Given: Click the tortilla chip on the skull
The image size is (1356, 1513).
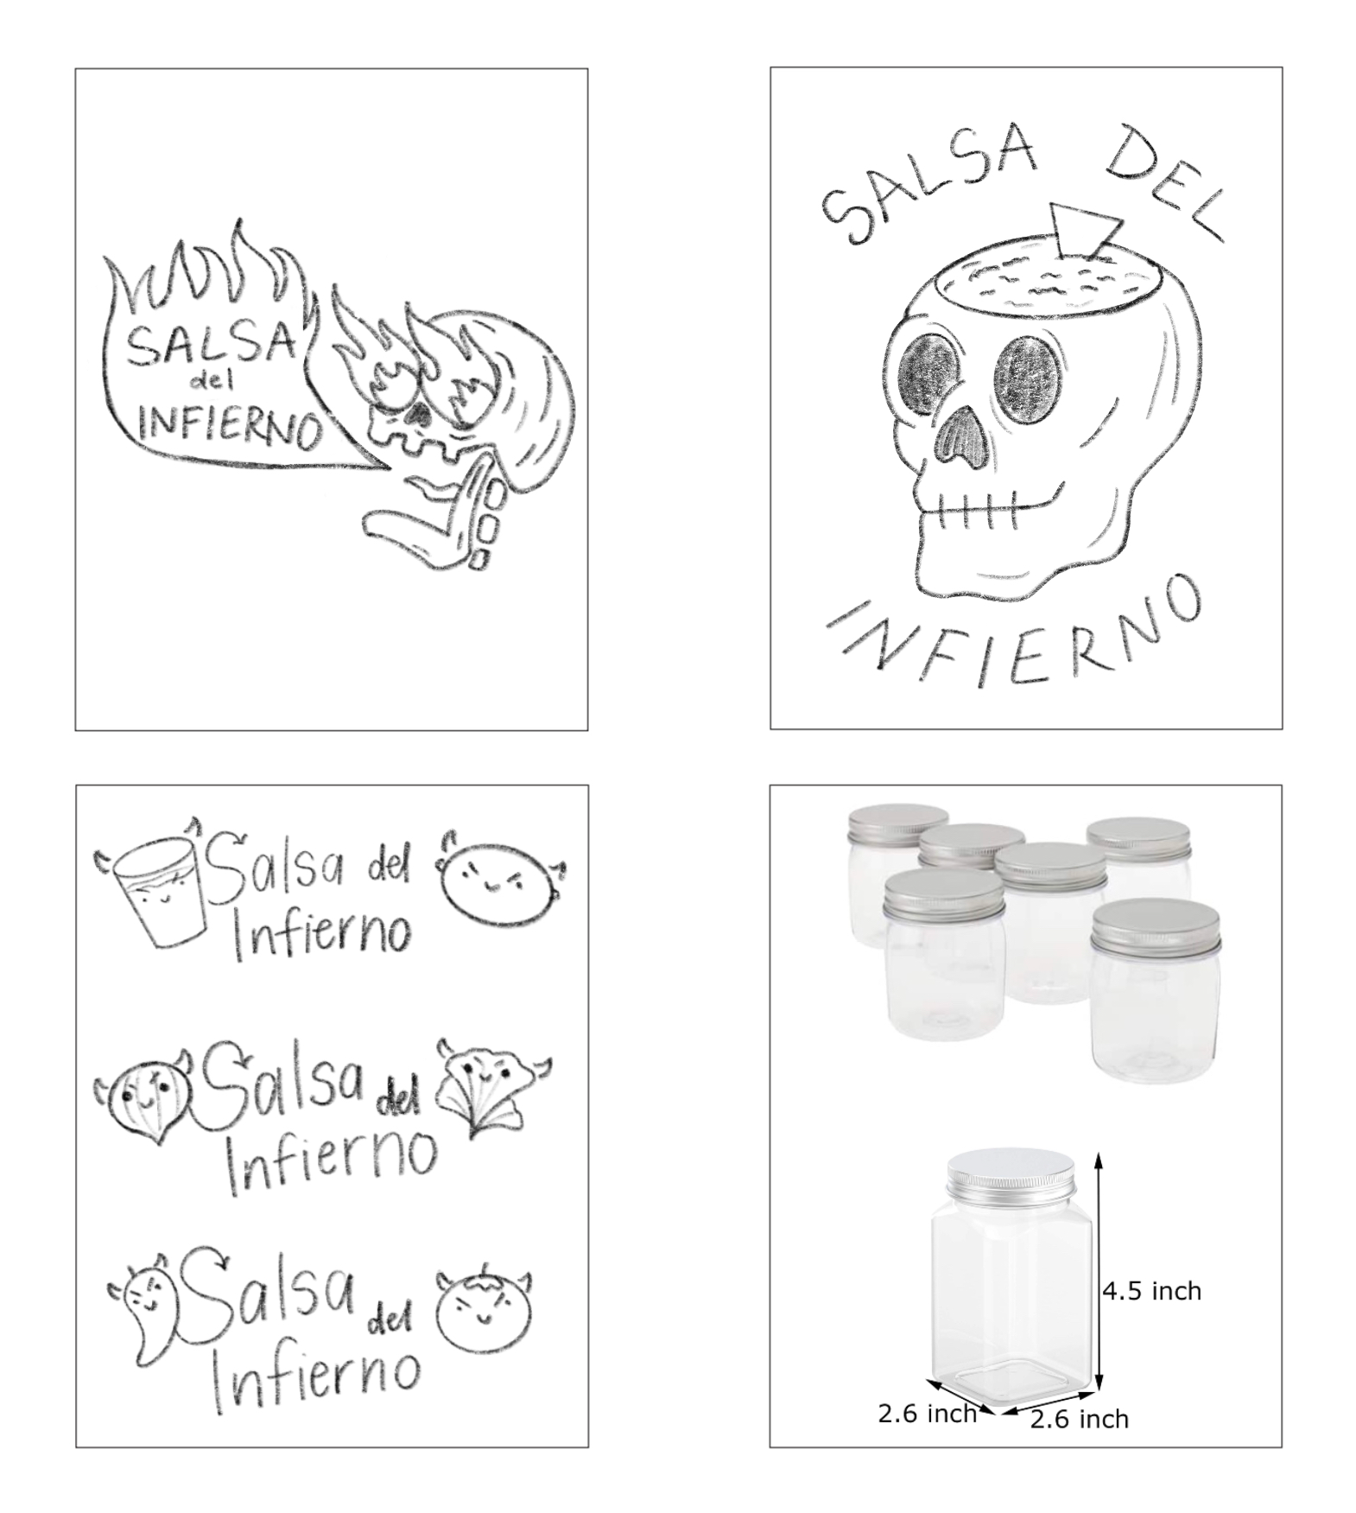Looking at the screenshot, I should click(1085, 228).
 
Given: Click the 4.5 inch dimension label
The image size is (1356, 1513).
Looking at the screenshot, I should click(1151, 1291).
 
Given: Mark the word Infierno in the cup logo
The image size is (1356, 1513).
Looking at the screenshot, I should click(321, 936).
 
